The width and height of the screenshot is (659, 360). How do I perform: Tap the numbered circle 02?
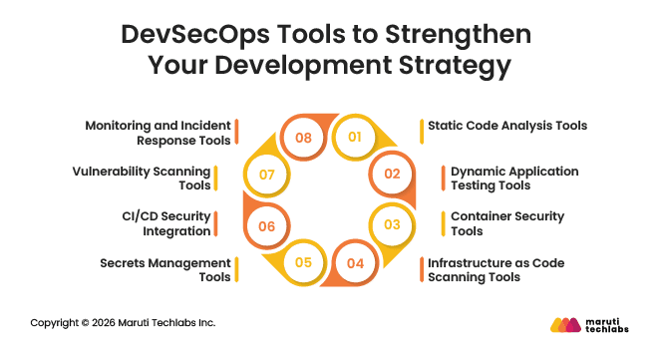[x=392, y=175]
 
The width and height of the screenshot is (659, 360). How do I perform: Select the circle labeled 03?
[x=392, y=224]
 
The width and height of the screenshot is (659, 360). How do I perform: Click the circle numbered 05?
[x=303, y=264]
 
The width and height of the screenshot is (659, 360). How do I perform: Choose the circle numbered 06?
[x=265, y=226]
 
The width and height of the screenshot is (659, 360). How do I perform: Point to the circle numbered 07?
[x=265, y=175]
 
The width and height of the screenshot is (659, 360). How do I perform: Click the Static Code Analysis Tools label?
[x=506, y=126]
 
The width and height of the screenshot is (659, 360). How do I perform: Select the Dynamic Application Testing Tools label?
[x=513, y=179]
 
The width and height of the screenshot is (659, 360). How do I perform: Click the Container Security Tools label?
[x=506, y=223]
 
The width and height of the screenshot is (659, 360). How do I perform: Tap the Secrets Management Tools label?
[x=165, y=270]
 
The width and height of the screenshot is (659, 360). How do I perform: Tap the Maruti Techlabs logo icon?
[x=565, y=325]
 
